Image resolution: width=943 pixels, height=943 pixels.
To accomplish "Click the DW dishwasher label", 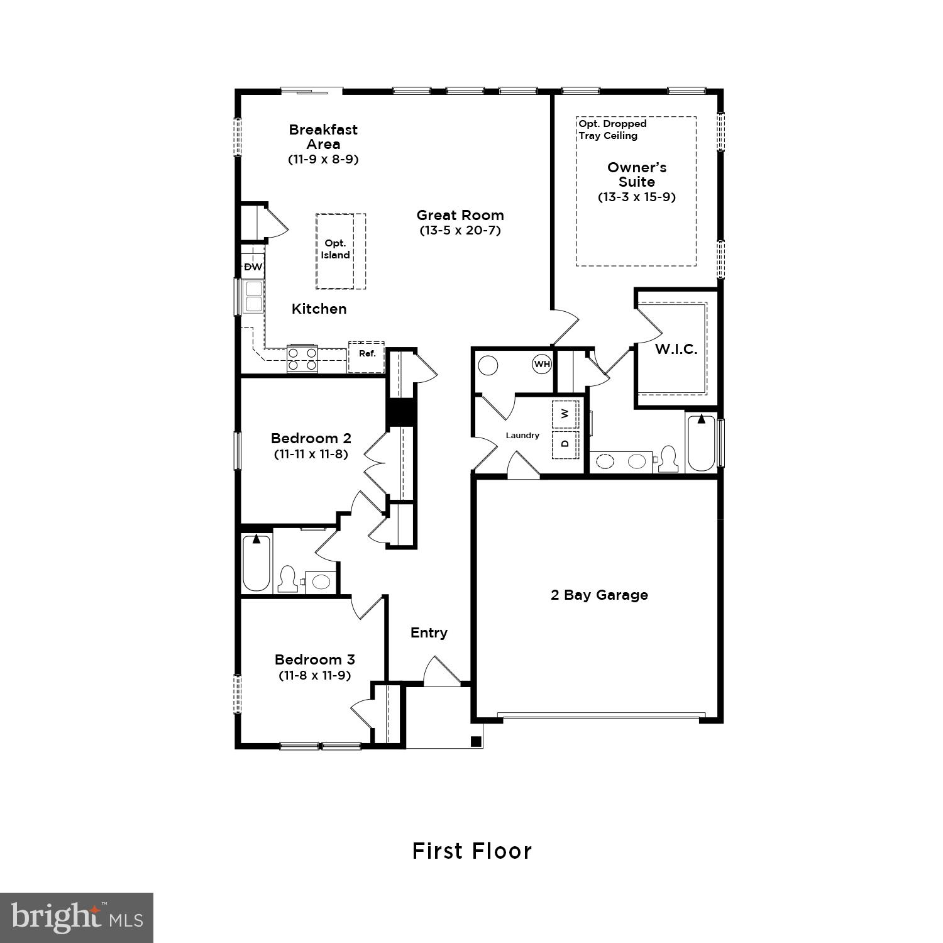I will click(253, 267).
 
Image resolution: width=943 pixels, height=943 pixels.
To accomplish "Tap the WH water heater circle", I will click(541, 364).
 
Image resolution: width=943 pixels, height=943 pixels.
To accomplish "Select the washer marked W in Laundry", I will click(565, 413).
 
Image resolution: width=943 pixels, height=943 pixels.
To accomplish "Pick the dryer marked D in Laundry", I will click(565, 444).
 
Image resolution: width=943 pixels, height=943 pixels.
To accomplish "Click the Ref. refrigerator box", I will click(367, 354).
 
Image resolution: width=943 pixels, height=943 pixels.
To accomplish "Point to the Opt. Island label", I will click(336, 249).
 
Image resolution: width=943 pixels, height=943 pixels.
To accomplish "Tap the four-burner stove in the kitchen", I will click(302, 359).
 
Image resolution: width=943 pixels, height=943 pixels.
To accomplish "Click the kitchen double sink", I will click(253, 297).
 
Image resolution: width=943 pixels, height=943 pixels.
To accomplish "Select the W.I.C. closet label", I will click(676, 350).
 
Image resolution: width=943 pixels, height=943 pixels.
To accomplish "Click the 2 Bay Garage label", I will click(599, 595).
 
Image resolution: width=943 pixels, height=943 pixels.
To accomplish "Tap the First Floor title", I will click(472, 851).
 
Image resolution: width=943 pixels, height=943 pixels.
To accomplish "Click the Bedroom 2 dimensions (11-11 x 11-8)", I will click(311, 453).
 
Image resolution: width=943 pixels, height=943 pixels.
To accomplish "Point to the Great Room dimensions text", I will click(460, 230).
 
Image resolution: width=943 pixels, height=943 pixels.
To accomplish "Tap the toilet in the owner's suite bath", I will click(668, 459).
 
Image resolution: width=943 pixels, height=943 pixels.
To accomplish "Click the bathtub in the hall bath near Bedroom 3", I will click(256, 563).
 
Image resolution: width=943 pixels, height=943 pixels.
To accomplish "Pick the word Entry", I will click(429, 632).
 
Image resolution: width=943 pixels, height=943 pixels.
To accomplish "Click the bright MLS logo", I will click(77, 918).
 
